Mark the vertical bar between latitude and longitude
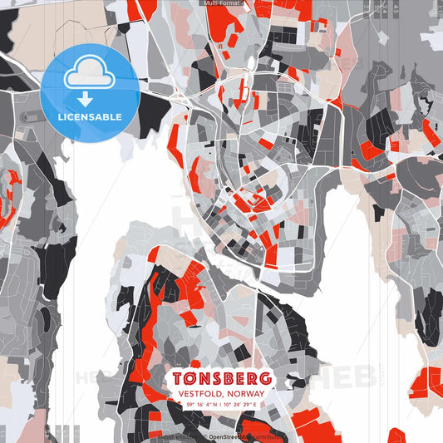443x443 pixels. [x=221, y=405]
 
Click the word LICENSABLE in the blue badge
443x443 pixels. [x=89, y=116]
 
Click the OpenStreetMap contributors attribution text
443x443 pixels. [x=249, y=435]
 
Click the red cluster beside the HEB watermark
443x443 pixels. [x=427, y=382]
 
